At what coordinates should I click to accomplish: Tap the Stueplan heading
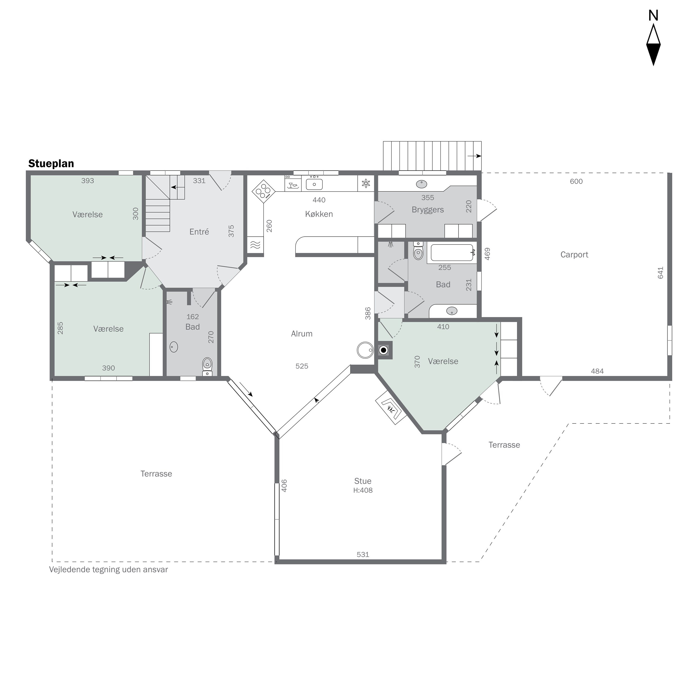(51, 164)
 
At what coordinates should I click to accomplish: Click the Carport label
(574, 255)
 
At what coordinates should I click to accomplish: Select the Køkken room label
(319, 214)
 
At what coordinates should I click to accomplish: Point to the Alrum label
(302, 334)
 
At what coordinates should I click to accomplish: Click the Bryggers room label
(428, 210)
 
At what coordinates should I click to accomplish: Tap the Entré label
(199, 232)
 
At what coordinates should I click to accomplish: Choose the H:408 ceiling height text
(363, 490)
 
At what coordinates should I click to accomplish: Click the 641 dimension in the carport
(661, 273)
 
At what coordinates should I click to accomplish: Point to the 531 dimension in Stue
(363, 554)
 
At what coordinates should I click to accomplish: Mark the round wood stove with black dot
(384, 350)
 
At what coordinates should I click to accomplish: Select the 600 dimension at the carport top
(576, 181)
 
